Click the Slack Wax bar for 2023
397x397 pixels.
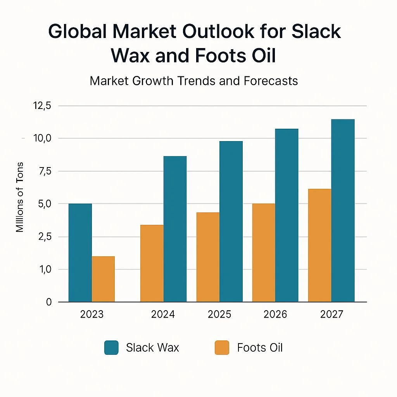tap(80, 252)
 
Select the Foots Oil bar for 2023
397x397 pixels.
tap(103, 279)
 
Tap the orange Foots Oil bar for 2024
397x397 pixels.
tap(152, 263)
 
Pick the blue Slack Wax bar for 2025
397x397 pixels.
tap(231, 221)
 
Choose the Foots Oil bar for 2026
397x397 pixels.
tap(264, 252)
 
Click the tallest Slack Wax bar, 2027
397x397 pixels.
tap(343, 211)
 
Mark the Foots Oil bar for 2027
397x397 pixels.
tap(320, 245)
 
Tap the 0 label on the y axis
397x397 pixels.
tap(48, 302)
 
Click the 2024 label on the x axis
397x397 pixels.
tap(163, 314)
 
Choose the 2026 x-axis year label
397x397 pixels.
tap(275, 314)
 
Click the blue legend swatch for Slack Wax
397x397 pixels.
tap(111, 347)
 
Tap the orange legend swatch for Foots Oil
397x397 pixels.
tap(222, 347)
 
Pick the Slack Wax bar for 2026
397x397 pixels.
tap(287, 215)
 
